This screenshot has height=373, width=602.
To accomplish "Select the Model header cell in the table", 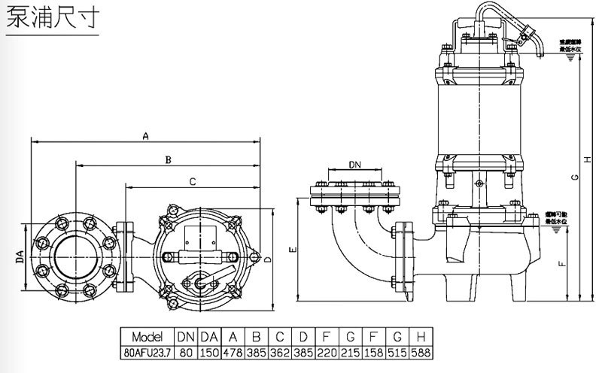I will [147, 335].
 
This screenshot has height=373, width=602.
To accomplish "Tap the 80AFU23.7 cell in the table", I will [147, 350].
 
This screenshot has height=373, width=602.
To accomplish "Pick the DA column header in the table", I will [210, 335].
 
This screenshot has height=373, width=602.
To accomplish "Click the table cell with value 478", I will [234, 350].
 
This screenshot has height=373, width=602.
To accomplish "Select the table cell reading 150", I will [210, 350].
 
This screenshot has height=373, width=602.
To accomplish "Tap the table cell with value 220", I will [328, 350].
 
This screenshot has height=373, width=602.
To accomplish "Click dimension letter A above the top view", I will [147, 136].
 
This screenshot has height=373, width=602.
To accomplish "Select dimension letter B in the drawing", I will [169, 159].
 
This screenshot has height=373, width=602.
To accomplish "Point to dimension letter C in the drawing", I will [193, 181].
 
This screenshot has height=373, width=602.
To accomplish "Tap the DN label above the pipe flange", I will [355, 164].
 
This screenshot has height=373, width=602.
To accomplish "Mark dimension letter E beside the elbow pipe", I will [292, 249].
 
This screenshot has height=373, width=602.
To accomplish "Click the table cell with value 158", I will [375, 350].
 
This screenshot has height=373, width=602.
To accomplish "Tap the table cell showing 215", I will [351, 350].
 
